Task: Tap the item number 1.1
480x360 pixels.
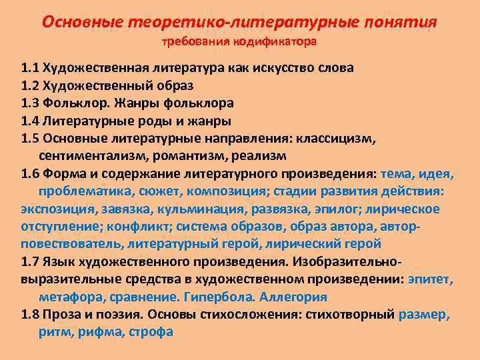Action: click(30, 68)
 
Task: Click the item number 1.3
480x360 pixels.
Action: click(30, 103)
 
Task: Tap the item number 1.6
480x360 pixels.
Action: click(30, 174)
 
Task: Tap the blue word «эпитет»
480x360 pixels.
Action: click(429, 279)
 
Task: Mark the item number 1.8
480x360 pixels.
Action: click(30, 314)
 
